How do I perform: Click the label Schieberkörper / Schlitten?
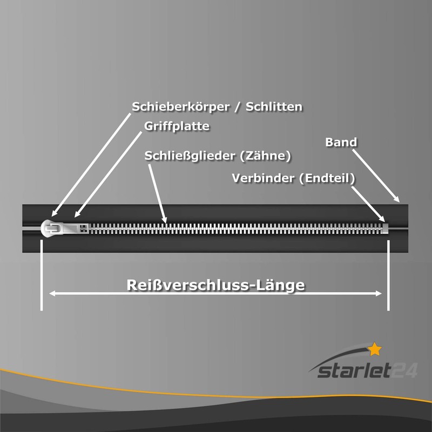(x=217, y=106)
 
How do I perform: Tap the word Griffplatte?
(x=177, y=126)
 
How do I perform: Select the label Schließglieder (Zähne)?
(x=218, y=156)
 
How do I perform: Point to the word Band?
(x=341, y=142)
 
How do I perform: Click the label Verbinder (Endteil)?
(x=293, y=178)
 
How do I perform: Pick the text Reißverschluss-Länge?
(x=215, y=285)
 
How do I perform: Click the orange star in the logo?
(x=375, y=349)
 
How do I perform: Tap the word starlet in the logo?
(x=354, y=371)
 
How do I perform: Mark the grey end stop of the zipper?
(x=386, y=227)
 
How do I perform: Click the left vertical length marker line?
(x=42, y=275)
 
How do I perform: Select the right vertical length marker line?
(x=388, y=275)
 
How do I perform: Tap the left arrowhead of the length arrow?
(x=52, y=294)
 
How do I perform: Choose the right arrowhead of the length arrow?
(x=379, y=294)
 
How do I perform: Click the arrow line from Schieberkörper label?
(x=91, y=165)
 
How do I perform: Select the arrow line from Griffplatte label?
(x=109, y=174)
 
